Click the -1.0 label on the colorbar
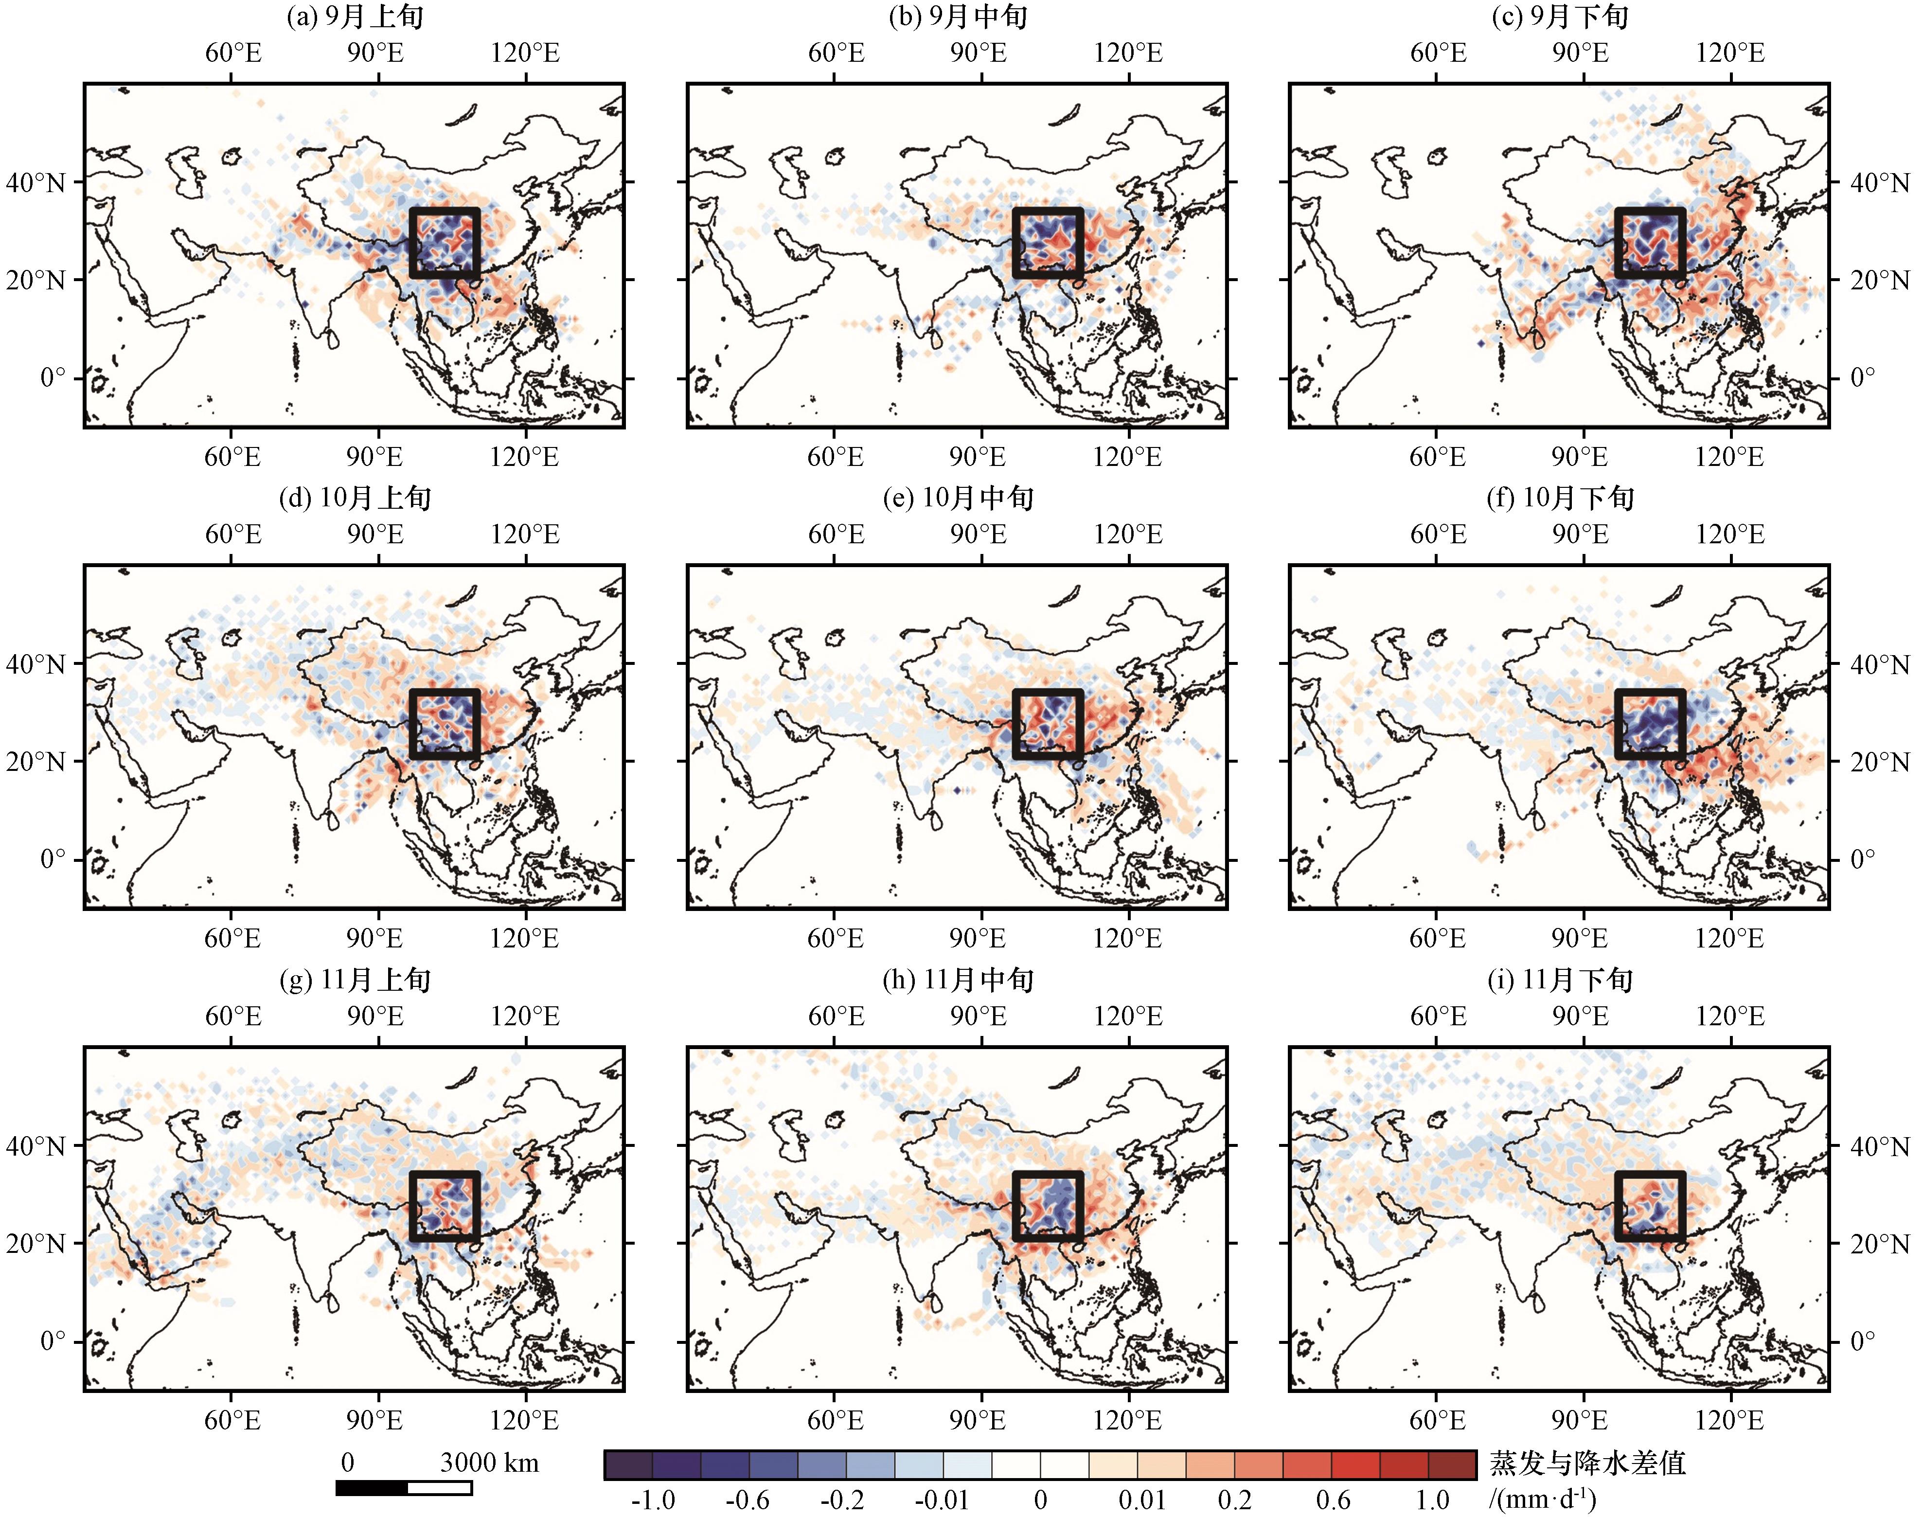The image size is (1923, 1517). click(x=653, y=1500)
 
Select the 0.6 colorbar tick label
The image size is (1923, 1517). click(x=1332, y=1500)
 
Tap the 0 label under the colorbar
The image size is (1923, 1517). click(x=1040, y=1500)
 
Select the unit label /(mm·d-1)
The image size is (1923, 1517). click(x=1543, y=1499)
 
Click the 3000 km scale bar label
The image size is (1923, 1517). click(x=489, y=1462)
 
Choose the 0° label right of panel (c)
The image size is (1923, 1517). click(x=1862, y=377)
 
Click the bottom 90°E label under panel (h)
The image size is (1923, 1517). click(x=978, y=1420)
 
